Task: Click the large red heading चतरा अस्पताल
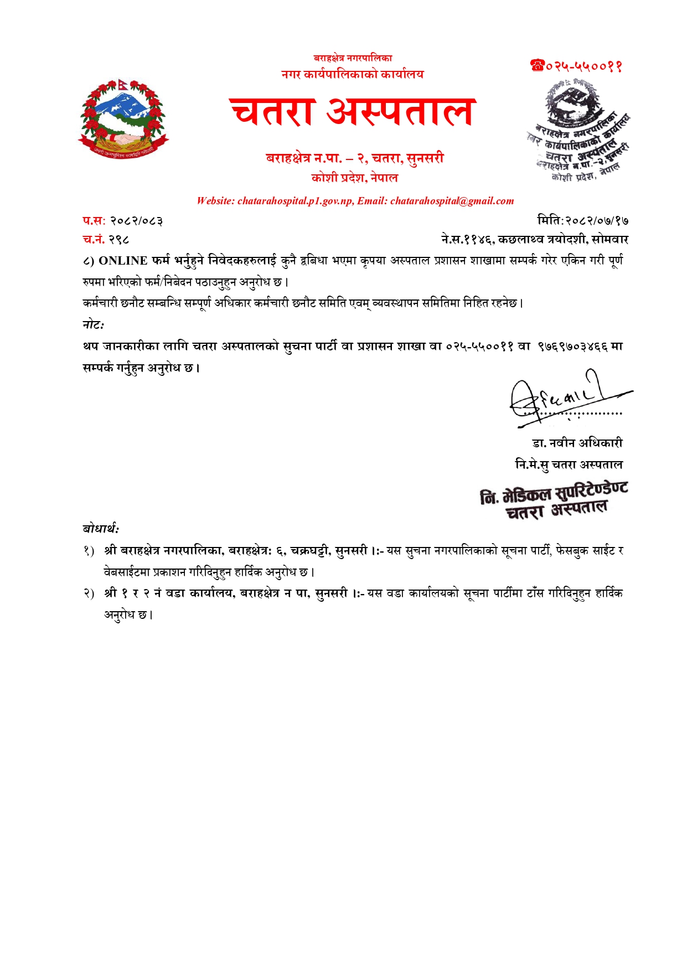click(x=352, y=112)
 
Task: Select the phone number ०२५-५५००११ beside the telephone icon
click(x=584, y=66)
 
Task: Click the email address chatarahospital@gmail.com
click(x=452, y=201)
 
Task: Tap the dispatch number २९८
click(x=119, y=240)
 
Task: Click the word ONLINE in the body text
click(x=123, y=261)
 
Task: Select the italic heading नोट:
click(x=94, y=325)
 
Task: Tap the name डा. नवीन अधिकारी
click(x=577, y=443)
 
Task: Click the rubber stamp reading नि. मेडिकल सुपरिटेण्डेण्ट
click(x=554, y=500)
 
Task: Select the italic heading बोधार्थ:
click(x=101, y=529)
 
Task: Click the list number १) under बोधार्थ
click(x=89, y=551)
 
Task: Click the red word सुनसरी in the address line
click(x=425, y=158)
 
